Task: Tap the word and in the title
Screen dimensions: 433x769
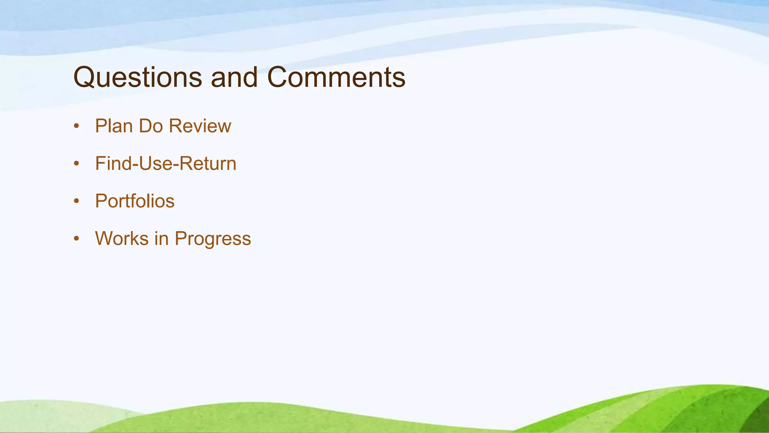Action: (x=234, y=77)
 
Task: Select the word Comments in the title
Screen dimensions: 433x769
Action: (x=336, y=77)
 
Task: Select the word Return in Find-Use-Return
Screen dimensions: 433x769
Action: (x=208, y=164)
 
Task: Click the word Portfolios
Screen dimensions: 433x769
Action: (x=134, y=201)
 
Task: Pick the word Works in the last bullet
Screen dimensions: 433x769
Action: (x=122, y=239)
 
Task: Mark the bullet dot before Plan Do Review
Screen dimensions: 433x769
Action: (x=77, y=126)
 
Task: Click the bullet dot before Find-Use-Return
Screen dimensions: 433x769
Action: (x=77, y=164)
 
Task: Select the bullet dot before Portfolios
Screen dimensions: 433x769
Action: (x=77, y=201)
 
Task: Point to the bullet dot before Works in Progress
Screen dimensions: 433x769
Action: (x=77, y=239)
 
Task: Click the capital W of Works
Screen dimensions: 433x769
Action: (x=104, y=239)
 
